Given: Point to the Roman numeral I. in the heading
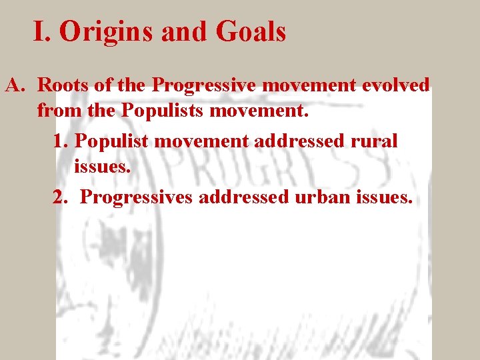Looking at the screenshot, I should coord(43,32).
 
